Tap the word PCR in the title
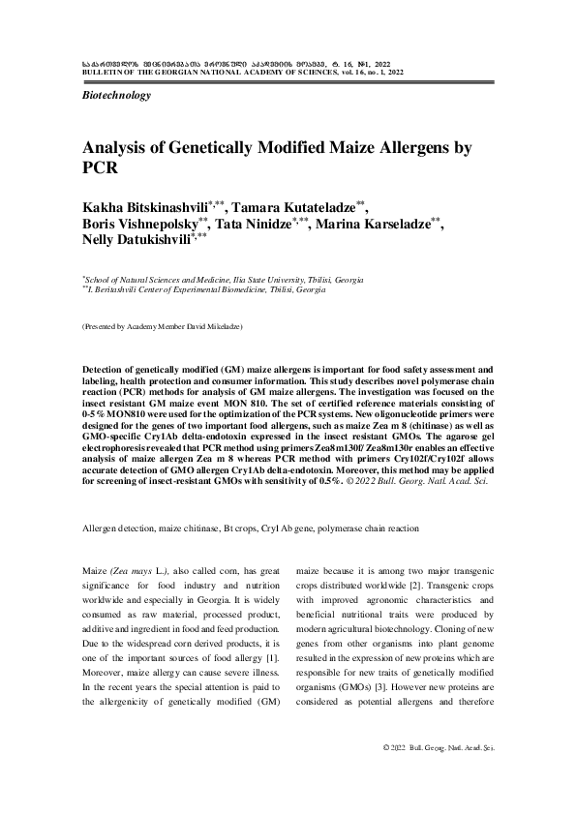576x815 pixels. pos(100,167)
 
